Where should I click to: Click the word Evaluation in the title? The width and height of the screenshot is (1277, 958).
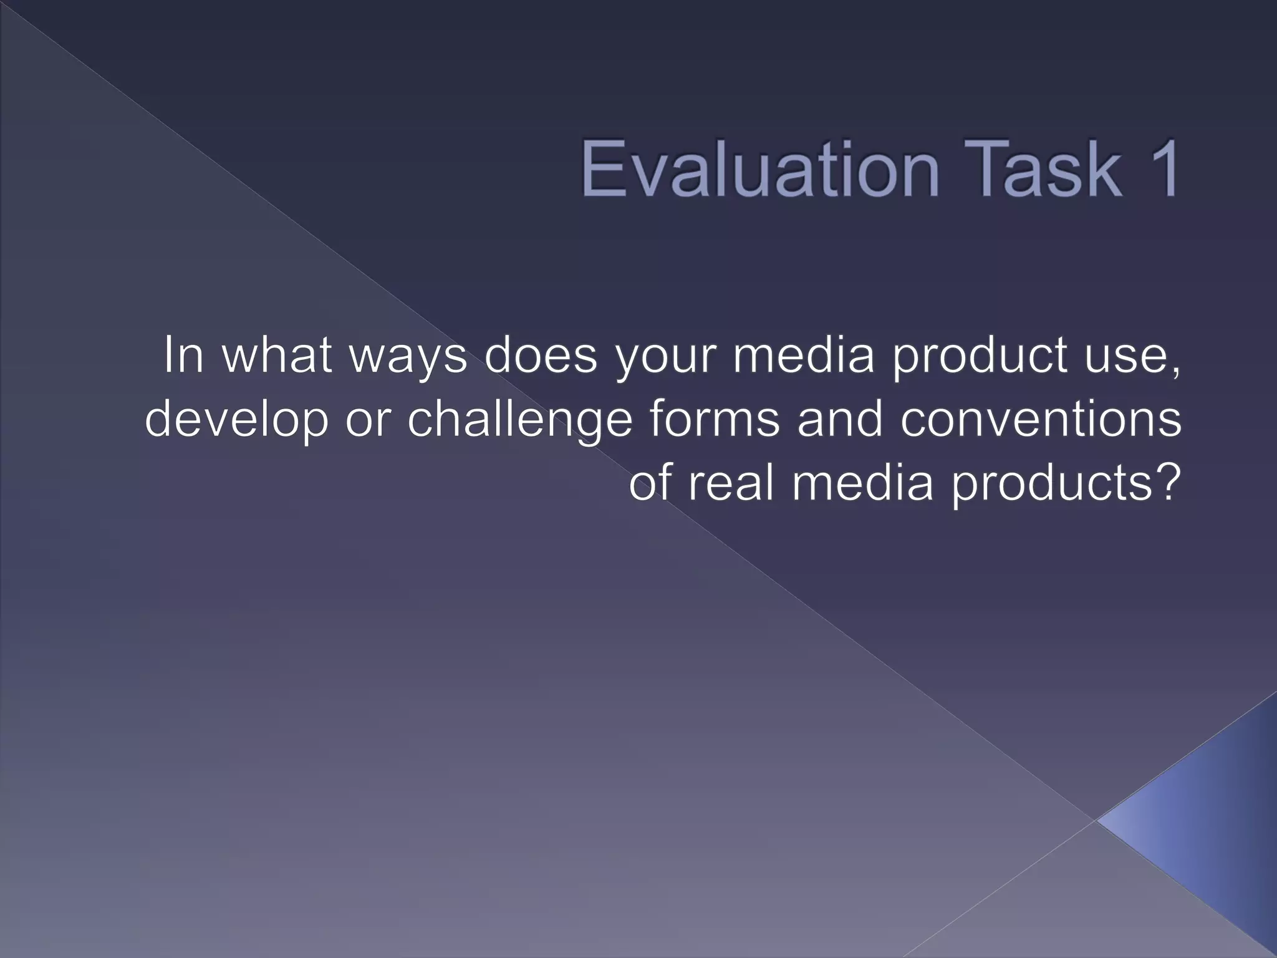click(x=759, y=168)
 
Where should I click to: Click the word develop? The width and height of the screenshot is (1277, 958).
click(x=237, y=421)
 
